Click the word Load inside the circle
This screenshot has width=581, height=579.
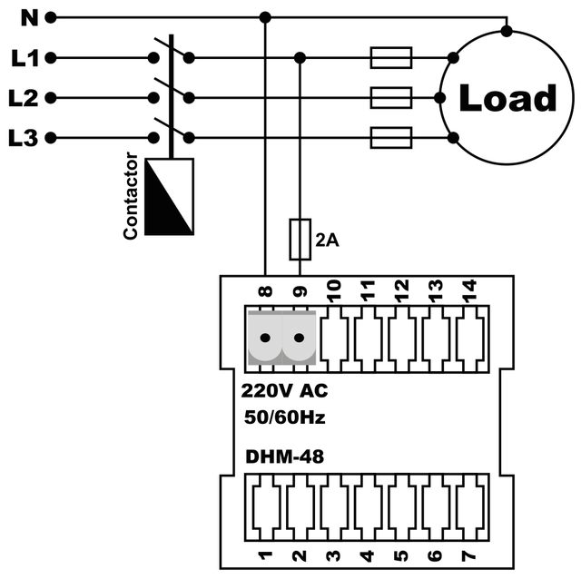pos(507,99)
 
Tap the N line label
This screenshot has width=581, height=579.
pos(27,16)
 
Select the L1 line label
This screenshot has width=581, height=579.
pos(25,59)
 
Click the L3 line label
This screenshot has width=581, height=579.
pos(25,138)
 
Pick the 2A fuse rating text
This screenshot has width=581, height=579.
pos(328,240)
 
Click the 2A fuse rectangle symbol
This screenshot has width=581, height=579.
pos(300,239)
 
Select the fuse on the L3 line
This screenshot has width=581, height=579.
pos(391,138)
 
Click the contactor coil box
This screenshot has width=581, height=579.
pos(170,196)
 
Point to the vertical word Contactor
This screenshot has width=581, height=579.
pos(131,197)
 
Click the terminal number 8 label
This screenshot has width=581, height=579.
pos(265,292)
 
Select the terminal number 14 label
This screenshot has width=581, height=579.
pos(468,289)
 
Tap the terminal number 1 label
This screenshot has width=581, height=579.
pos(265,554)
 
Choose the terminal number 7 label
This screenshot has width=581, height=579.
pos(468,554)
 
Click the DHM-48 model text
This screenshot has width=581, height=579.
pos(285,456)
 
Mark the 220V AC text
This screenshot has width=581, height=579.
pos(284,392)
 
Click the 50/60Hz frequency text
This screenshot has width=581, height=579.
pos(284,418)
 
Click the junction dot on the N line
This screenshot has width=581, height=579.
pos(265,17)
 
